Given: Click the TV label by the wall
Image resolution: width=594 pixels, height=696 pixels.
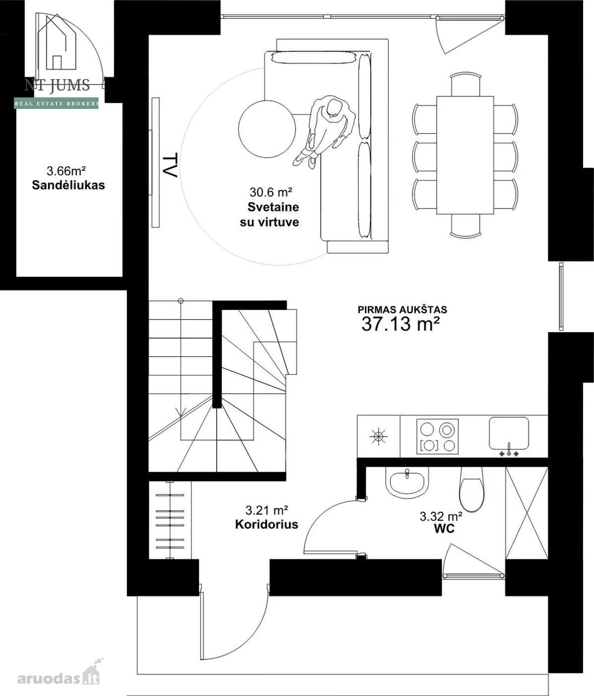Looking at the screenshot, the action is tap(170, 166).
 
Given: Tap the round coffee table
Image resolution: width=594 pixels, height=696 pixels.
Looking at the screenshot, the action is tap(267, 129).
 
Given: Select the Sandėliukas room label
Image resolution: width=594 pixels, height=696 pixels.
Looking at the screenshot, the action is tap(69, 185).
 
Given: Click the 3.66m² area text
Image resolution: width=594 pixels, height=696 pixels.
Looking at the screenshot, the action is tap(66, 171).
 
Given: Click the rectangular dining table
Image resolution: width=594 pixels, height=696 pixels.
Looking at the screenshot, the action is tap(465, 155).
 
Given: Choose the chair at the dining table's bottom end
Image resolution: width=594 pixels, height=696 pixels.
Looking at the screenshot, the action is tap(465, 226).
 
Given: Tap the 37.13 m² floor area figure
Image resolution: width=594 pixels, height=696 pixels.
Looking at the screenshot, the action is tap(401, 324).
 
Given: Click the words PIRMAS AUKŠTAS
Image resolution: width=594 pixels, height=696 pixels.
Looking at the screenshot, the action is tap(403, 309).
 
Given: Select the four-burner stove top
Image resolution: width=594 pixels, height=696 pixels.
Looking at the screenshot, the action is tap(437, 436).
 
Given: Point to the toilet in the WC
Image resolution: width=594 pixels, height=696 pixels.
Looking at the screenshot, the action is tap(472, 489).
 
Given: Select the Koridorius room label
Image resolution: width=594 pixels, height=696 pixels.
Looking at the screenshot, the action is tap(267, 524).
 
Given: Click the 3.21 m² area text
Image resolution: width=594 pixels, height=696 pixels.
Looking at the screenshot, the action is tap(266, 510).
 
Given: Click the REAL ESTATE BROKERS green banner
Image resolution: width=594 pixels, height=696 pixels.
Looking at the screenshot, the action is tap(56, 103).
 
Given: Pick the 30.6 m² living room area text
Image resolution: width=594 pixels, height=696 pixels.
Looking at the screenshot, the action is tap(271, 192).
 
